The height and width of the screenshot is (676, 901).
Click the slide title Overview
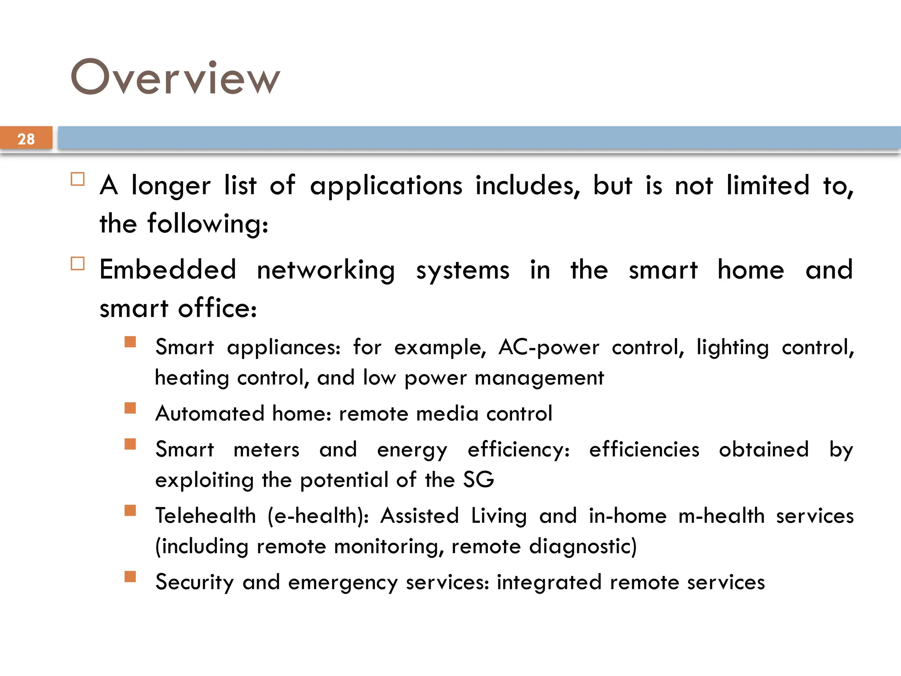pos(175,77)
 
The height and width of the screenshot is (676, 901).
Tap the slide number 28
pos(26,139)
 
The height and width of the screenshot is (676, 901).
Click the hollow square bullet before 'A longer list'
pos(77,179)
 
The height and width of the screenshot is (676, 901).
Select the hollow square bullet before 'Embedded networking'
pos(77,264)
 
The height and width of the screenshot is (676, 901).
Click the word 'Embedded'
pos(168,269)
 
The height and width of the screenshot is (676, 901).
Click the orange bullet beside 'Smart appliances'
pos(130,342)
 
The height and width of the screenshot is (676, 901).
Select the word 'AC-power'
pos(549,348)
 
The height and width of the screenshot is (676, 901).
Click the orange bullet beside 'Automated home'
pos(130,408)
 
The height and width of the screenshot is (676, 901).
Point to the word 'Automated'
pos(210,414)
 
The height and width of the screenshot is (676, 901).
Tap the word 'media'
pos(447,414)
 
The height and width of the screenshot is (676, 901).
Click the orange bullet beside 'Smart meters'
pos(130,444)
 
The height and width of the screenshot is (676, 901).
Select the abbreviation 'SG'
pos(479,479)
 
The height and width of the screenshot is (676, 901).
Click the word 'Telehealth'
pos(205,516)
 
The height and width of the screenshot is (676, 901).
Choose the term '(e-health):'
pos(318,516)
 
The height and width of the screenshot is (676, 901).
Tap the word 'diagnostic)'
pos(582,547)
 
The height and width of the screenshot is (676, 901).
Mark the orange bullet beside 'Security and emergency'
pos(130,577)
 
